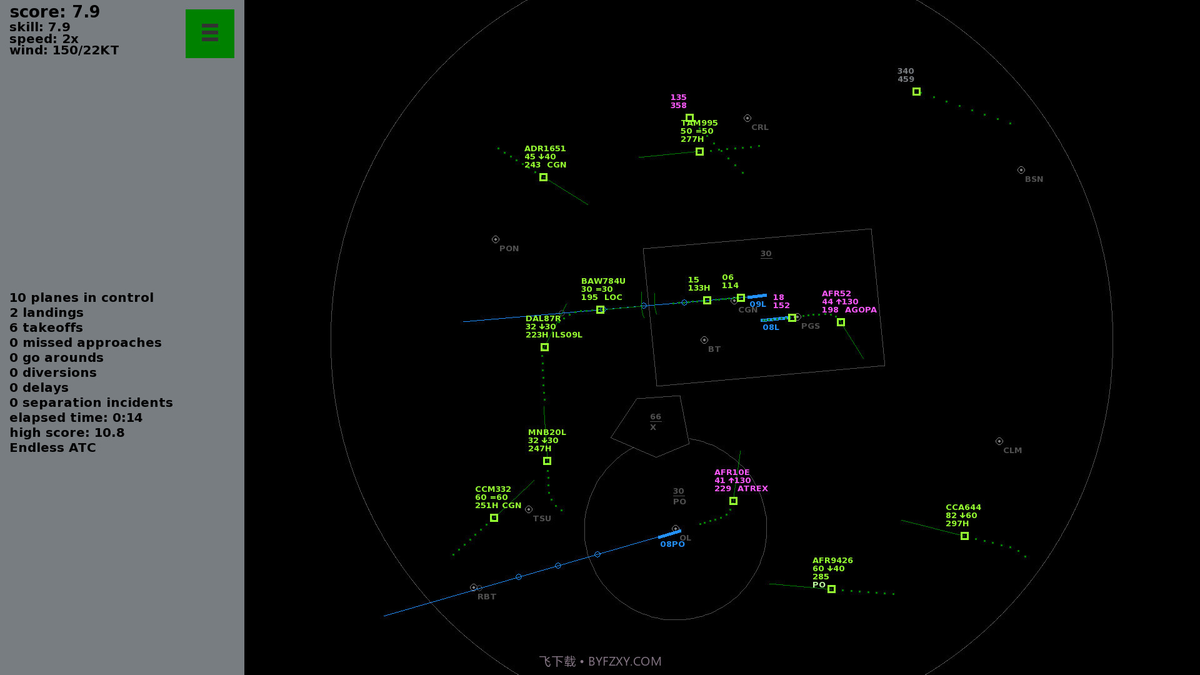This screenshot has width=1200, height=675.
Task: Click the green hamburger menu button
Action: coord(209,34)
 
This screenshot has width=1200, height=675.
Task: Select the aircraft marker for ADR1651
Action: coord(543,177)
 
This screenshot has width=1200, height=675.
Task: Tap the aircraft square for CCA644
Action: coord(964,536)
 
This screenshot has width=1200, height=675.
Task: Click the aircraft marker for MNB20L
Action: coord(547,461)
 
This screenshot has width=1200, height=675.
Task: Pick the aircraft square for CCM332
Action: coord(494,518)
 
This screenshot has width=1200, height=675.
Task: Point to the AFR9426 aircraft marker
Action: coord(831,589)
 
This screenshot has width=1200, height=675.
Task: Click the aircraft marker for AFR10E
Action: coord(733,501)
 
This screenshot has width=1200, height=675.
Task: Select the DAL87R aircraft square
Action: coord(544,347)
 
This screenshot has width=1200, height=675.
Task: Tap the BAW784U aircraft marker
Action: coord(600,310)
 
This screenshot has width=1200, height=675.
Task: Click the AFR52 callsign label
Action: coord(836,294)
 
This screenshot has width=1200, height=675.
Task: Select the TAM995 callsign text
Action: coord(699,123)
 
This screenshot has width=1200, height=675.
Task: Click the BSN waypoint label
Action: coord(1034,179)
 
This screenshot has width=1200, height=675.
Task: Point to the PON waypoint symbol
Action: coord(496,239)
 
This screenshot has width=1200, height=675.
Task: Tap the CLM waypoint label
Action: coord(1012,451)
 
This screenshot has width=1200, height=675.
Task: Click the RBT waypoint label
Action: coord(487,597)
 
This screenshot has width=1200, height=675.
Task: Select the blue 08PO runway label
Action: coord(672,544)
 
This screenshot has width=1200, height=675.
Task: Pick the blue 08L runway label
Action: coord(771,327)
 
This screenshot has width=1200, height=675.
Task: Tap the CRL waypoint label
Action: coord(760,127)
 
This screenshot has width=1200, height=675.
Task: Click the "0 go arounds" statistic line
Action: coord(56,358)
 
